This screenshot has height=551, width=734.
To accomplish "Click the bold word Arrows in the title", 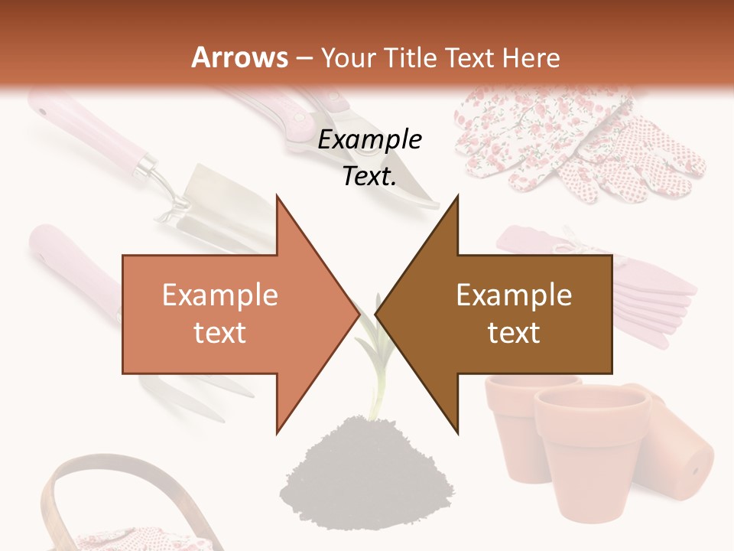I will pos(239,57).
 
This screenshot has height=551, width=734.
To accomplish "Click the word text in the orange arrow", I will pos(219,334).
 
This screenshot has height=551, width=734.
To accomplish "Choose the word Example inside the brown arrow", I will pos(514,295).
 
